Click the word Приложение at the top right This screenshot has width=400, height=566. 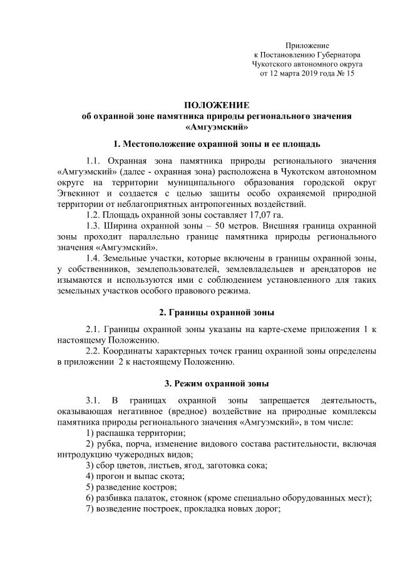307,46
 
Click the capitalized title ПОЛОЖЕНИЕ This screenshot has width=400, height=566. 216,104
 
